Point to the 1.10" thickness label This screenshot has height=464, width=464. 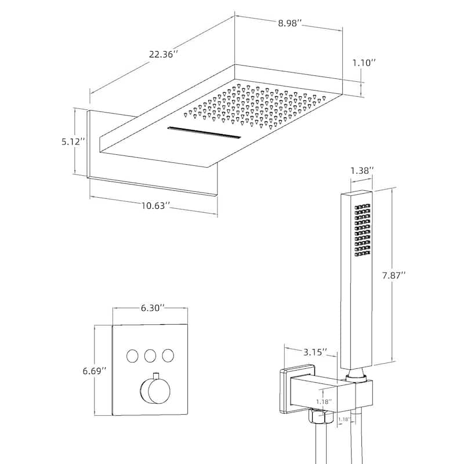(364, 62)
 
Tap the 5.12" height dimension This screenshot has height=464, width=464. (74, 141)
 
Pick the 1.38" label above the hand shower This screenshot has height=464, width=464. (362, 170)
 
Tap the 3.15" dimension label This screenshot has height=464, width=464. (314, 351)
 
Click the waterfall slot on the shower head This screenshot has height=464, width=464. (204, 133)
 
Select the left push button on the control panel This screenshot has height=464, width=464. (132, 355)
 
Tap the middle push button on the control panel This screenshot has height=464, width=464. (150, 355)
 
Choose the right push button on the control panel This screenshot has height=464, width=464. (169, 355)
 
